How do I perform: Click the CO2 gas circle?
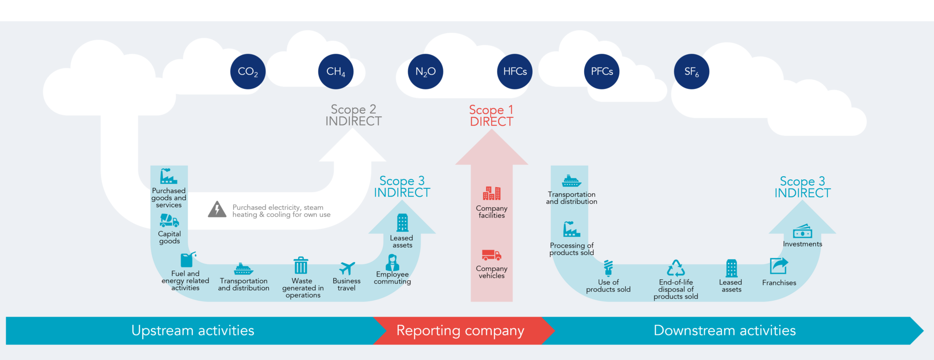(248, 72)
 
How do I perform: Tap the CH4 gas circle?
(336, 72)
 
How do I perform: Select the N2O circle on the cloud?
(425, 72)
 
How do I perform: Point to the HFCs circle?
(514, 72)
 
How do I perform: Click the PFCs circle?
(602, 72)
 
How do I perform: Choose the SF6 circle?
(691, 72)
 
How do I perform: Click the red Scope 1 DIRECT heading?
(492, 116)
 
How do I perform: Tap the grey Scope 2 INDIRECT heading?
(353, 115)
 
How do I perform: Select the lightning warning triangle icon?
(217, 209)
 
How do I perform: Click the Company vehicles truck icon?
(491, 255)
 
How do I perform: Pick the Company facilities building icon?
(492, 193)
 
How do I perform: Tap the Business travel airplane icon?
(347, 268)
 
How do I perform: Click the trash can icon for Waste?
(301, 265)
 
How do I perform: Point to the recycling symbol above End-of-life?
(676, 268)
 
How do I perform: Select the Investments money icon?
(802, 231)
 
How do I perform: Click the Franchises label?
(779, 283)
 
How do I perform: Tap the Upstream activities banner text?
(192, 330)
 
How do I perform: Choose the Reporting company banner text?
(460, 330)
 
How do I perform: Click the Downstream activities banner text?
(724, 330)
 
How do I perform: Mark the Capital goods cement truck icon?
(169, 221)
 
